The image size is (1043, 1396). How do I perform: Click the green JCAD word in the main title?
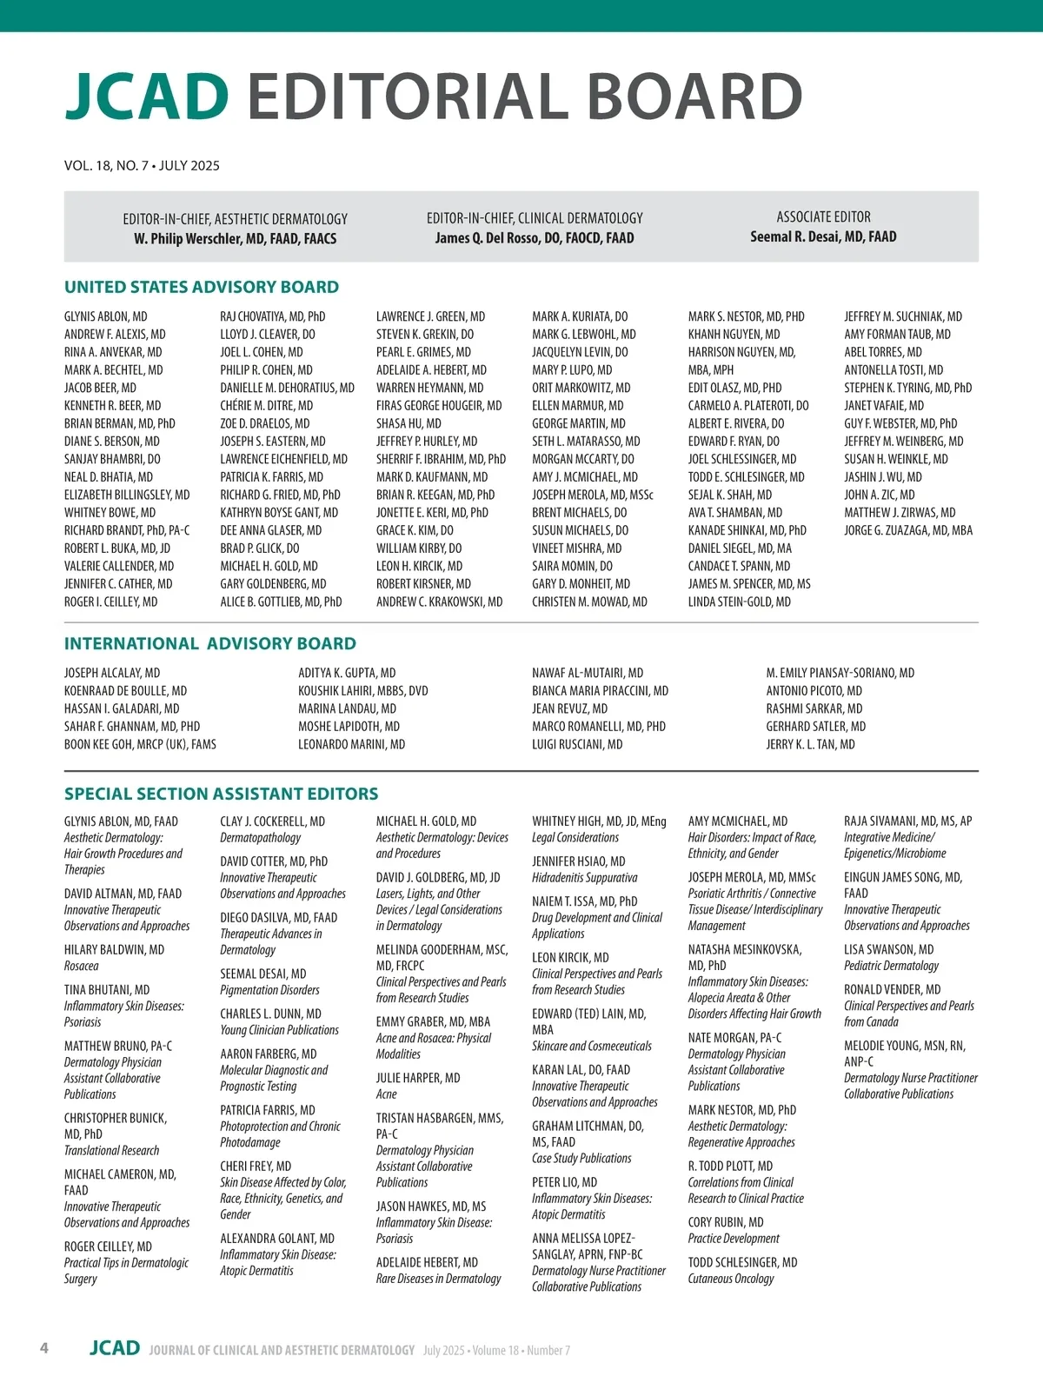coord(147,96)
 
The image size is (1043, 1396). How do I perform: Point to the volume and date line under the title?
coord(142,165)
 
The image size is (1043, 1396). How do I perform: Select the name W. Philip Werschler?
coord(235,238)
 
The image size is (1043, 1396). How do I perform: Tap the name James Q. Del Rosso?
coord(535,237)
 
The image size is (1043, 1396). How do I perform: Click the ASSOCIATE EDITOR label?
coord(823,216)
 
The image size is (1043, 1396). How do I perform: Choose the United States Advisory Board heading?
coord(202,287)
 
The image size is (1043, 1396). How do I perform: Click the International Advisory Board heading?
coord(209,643)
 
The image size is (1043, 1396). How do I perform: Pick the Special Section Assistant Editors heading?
coord(221,794)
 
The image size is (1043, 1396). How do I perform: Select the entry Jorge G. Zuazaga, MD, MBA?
coord(908,530)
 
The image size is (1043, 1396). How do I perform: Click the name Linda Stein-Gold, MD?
coord(739,602)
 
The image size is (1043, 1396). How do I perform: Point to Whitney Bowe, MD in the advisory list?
coord(110,513)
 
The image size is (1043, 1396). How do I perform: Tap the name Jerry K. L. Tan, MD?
coord(810,744)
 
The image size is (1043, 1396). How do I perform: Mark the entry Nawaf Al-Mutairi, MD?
coord(588,673)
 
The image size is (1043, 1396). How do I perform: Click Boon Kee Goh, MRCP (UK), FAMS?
coord(140,744)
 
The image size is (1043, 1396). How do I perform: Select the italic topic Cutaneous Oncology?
coord(730,1279)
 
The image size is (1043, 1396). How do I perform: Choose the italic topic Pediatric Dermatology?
coord(891,966)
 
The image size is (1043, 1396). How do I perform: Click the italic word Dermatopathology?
coord(260,838)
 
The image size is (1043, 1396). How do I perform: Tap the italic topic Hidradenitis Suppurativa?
coord(584,878)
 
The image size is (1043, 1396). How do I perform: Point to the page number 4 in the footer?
coord(44,1348)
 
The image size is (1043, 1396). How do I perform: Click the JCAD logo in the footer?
coord(114,1348)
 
